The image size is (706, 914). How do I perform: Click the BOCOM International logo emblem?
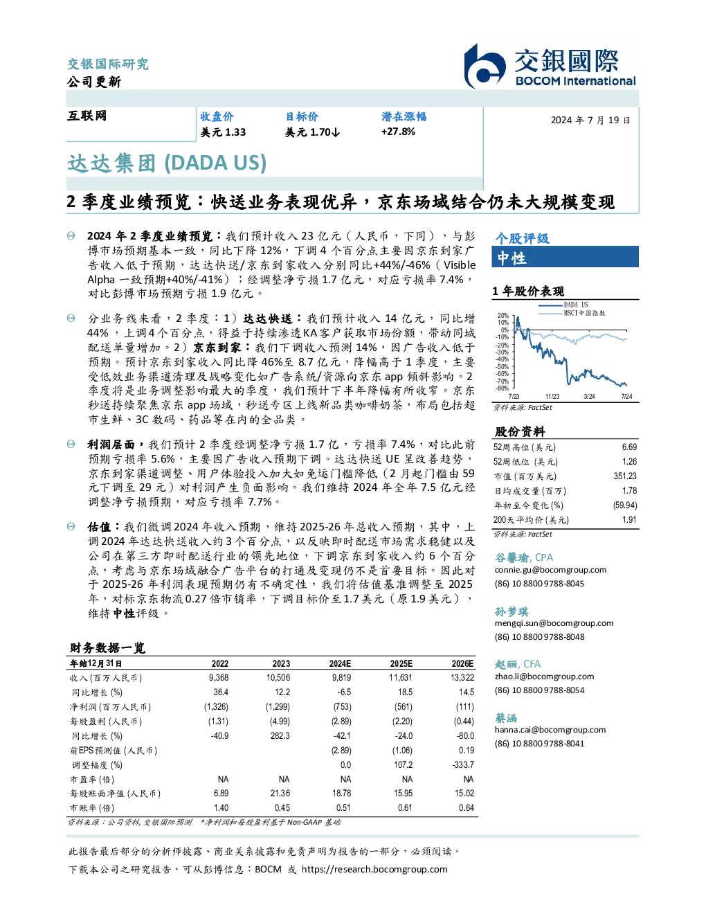point(485,66)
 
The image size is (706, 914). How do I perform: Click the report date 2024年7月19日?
point(590,120)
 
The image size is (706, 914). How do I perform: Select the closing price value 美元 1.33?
point(223,132)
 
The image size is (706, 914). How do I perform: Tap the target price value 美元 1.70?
point(312,132)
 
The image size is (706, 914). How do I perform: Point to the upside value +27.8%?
point(398,132)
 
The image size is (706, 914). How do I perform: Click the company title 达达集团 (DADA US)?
point(167,163)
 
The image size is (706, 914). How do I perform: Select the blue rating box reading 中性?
point(565,257)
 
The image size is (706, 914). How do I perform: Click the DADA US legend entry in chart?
point(563,305)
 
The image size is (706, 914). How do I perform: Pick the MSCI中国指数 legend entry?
point(572,313)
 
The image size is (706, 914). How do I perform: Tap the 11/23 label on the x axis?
point(552,396)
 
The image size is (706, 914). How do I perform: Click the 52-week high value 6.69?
point(629,447)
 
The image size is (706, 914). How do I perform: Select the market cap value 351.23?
point(625,476)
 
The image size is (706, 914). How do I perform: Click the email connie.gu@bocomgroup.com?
point(550,570)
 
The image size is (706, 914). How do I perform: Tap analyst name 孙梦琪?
point(512,611)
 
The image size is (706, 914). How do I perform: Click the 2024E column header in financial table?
point(340,664)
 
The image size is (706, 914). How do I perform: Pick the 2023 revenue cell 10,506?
point(278,678)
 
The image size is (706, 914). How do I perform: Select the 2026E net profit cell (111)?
point(464,707)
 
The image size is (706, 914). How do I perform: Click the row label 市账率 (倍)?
point(91,808)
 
